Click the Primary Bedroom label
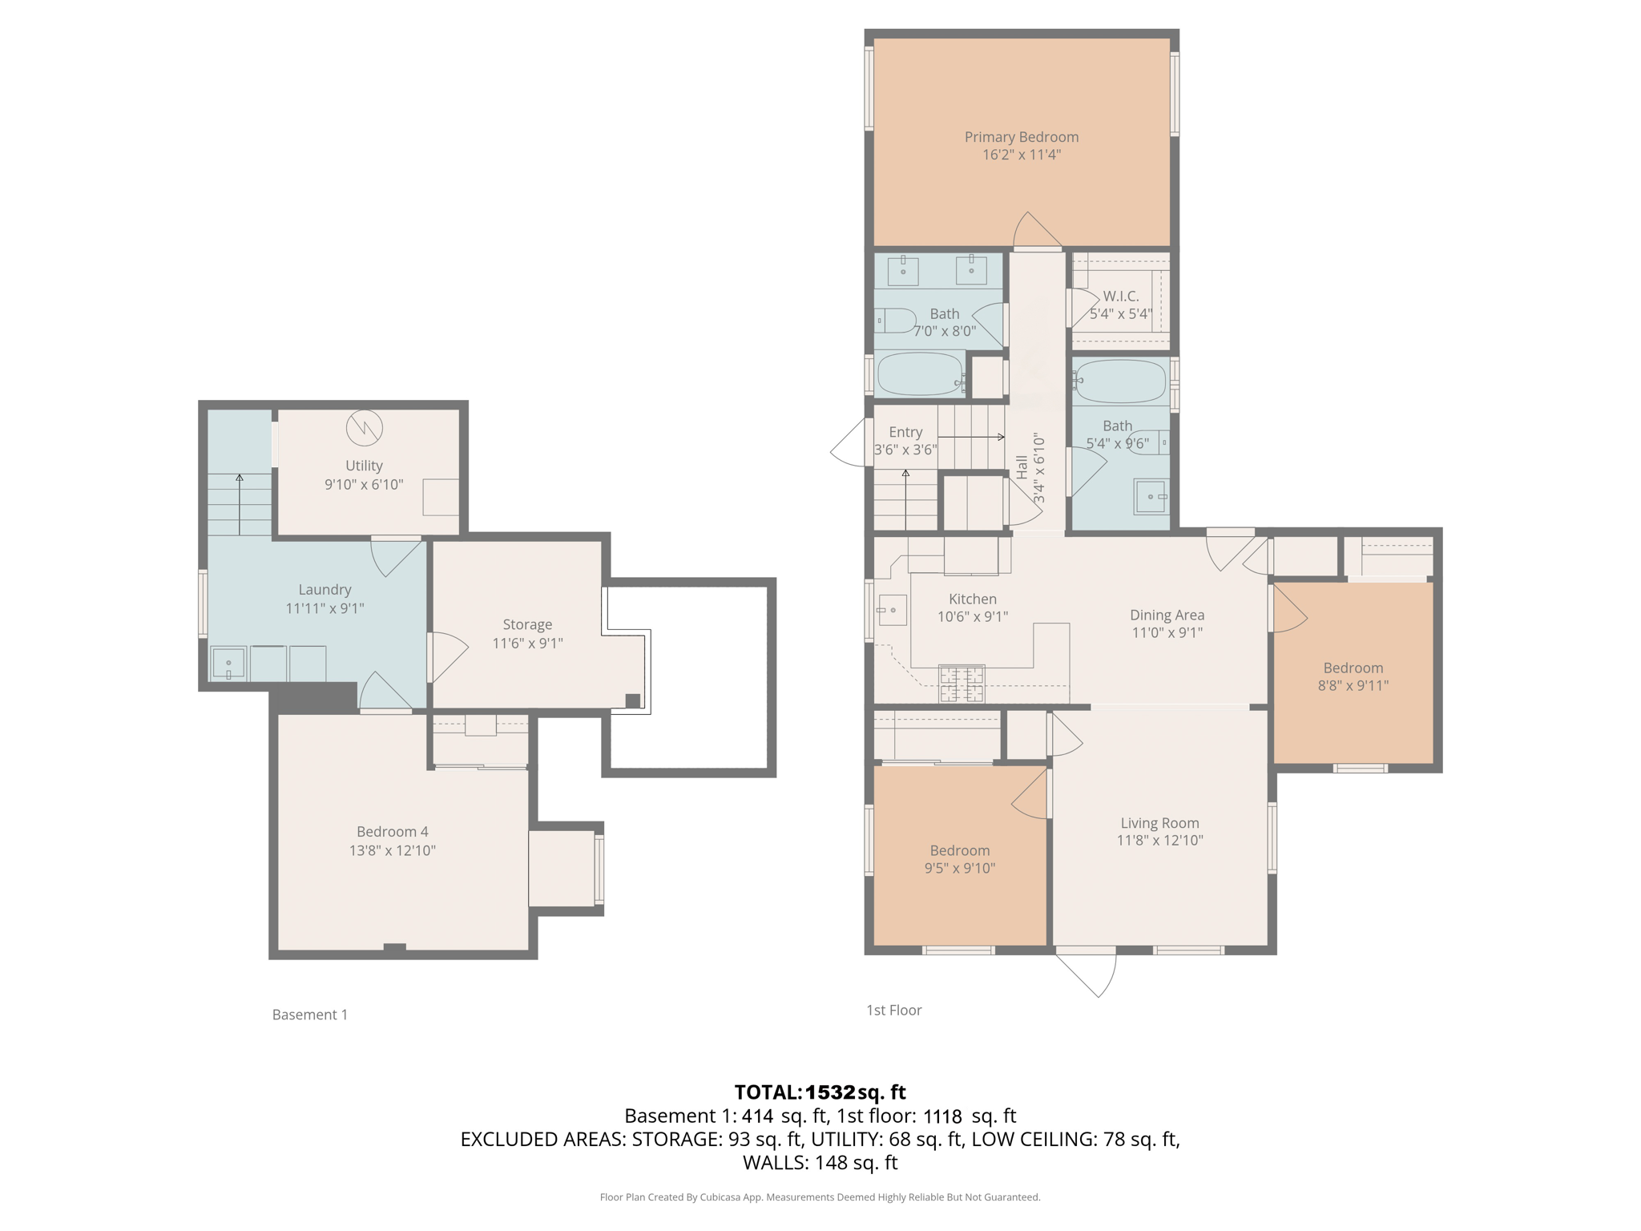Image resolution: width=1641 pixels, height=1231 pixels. (1021, 137)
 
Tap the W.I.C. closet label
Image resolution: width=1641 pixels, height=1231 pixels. (1120, 296)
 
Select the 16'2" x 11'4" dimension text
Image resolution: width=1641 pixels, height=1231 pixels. (1021, 155)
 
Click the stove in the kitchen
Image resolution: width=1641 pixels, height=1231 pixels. (961, 684)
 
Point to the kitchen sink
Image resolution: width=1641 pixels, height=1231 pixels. (892, 610)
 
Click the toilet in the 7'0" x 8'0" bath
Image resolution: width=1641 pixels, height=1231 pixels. (895, 321)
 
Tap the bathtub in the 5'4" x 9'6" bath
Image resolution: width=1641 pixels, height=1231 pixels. (1120, 381)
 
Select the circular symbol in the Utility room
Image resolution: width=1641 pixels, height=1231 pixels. (364, 428)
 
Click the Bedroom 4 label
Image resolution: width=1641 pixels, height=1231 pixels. (392, 832)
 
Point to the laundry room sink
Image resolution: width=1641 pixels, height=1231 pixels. (228, 664)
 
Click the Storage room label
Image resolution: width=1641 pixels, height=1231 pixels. (527, 624)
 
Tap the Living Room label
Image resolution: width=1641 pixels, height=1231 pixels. (1159, 823)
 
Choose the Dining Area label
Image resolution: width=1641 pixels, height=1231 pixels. (1167, 615)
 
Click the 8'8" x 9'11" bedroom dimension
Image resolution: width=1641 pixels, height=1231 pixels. (1353, 685)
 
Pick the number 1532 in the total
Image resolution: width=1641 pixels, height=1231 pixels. (830, 1092)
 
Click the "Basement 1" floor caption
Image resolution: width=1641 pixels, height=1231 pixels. (310, 1015)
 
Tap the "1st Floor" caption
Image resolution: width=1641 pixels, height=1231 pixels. (893, 1010)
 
